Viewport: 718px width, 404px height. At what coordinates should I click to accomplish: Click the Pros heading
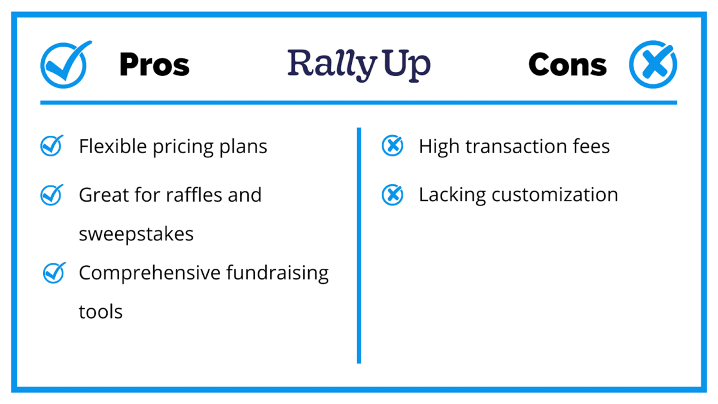click(154, 65)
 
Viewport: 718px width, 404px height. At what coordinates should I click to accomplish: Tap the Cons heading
click(567, 65)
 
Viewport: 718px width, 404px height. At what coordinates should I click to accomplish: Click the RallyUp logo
click(359, 65)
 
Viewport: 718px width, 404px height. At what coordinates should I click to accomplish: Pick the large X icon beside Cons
click(653, 64)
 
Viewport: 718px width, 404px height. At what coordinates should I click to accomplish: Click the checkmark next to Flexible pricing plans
click(51, 145)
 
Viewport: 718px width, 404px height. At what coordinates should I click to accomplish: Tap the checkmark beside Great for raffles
click(51, 195)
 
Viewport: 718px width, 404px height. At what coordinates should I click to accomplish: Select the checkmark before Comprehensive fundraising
click(54, 273)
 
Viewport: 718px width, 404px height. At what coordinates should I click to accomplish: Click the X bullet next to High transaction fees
click(393, 146)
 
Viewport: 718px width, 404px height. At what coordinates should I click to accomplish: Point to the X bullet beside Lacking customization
click(393, 195)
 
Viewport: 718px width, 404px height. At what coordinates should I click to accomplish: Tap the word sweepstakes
click(136, 235)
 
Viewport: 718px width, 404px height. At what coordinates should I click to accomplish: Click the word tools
click(101, 312)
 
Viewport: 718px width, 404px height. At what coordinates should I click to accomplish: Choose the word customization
click(555, 195)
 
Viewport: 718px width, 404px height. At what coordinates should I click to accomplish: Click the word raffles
click(194, 195)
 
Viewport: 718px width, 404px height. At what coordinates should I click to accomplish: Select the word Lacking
click(452, 195)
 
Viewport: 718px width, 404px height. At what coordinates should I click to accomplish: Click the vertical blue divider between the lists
click(359, 245)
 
